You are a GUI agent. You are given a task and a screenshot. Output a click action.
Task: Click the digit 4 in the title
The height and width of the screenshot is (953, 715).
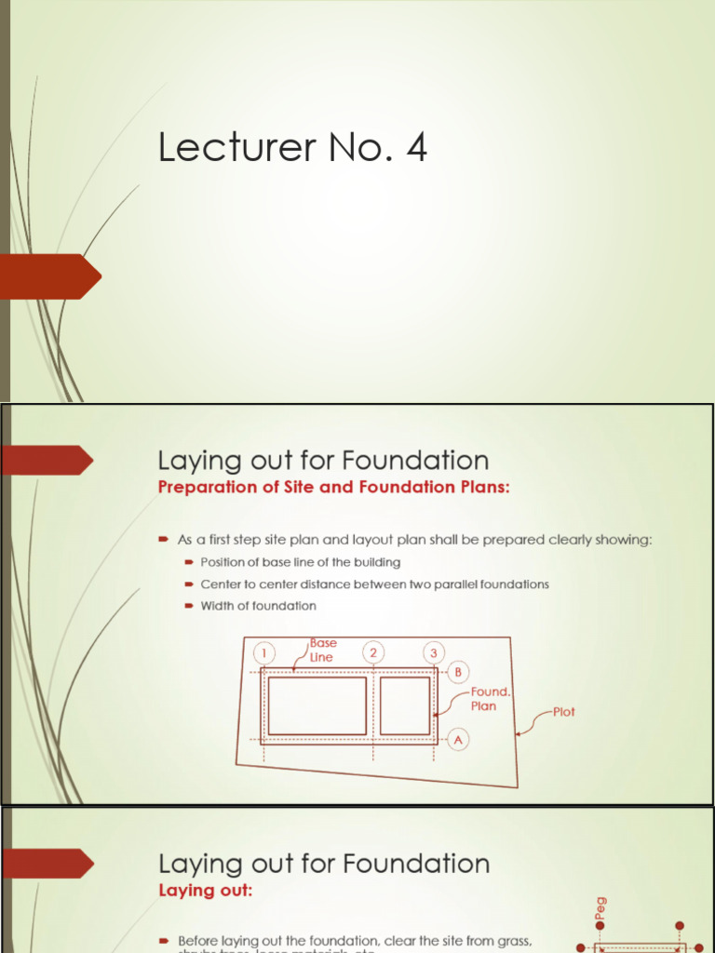[415, 148]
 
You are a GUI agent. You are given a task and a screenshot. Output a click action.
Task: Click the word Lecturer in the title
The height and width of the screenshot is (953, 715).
[223, 148]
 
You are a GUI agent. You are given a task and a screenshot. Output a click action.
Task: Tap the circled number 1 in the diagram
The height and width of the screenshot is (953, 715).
[265, 652]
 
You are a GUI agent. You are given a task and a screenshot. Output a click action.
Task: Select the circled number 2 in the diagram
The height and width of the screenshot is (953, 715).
[373, 652]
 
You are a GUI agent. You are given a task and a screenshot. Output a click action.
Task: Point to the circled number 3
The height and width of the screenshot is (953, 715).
[434, 652]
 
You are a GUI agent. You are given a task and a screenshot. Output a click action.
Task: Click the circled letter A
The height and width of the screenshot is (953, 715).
[457, 739]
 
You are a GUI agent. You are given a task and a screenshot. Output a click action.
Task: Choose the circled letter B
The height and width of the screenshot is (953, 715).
[457, 672]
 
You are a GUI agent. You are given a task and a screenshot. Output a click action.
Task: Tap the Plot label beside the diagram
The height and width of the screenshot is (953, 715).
[563, 712]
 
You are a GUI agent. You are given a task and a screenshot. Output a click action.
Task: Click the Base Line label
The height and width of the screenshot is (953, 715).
[323, 650]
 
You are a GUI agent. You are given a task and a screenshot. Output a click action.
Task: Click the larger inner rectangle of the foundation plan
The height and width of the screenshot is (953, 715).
[317, 705]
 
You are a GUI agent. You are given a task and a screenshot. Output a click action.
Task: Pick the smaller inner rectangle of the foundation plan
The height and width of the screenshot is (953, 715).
[405, 705]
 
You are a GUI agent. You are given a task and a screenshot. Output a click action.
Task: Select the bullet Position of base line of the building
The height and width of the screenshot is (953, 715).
[300, 562]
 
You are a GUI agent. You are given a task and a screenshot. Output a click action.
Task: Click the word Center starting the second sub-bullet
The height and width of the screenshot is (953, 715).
[222, 584]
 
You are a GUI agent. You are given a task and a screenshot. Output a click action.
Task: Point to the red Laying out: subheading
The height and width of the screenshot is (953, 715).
[205, 891]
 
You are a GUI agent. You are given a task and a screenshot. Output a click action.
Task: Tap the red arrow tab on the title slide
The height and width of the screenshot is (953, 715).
[51, 276]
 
